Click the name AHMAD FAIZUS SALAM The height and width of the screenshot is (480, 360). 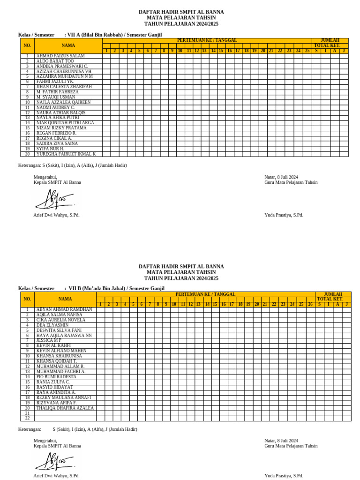60,56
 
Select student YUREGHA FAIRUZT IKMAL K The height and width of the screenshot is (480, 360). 66,154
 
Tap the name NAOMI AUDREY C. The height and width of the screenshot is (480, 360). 55,107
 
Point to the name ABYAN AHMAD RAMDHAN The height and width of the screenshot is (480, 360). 64,310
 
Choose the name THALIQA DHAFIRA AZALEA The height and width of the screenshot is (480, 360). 65,408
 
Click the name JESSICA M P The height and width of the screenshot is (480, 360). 49,340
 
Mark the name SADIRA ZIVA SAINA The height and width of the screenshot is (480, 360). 57,143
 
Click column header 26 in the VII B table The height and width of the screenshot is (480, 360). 310,305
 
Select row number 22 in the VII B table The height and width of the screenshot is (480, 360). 27,419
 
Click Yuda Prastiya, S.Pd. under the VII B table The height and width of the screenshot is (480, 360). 284,475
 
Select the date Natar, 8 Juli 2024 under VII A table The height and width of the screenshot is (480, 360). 281,177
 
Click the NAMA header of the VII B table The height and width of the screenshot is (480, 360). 65,299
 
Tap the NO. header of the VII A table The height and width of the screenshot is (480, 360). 27,45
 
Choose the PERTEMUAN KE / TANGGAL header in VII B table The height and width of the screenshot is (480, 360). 205,294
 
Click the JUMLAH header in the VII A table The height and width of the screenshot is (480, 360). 330,41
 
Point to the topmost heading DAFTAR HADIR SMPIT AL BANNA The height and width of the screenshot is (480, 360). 181,12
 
